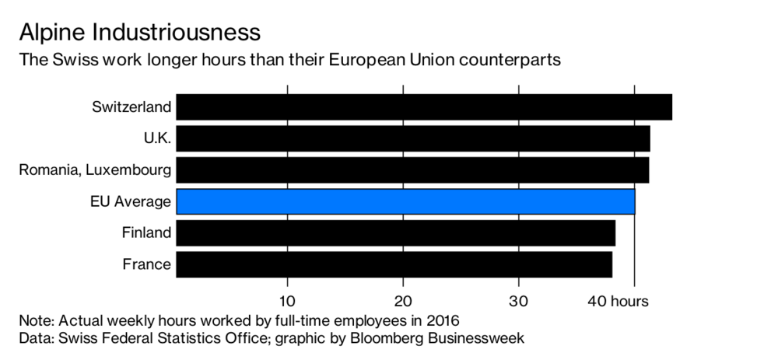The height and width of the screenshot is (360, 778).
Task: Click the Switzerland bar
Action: point(424,107)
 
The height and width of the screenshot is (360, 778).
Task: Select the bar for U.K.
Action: point(413,138)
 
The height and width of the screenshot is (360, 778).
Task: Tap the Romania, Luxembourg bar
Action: point(412,170)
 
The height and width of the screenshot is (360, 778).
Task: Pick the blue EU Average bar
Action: point(405,201)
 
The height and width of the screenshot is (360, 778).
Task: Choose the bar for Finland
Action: point(395,233)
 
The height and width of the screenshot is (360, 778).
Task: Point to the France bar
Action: point(394,264)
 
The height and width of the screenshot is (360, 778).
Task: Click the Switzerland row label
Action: point(131,107)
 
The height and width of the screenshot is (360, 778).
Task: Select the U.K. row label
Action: point(157,138)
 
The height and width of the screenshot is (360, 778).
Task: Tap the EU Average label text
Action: point(131,202)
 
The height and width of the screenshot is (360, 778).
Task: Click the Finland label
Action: point(146,232)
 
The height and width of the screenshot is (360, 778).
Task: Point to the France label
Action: point(147,264)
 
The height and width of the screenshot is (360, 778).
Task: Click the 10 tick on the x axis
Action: point(287,301)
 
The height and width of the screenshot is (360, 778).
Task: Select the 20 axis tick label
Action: point(403,301)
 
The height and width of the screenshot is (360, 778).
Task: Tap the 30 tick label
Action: point(518,301)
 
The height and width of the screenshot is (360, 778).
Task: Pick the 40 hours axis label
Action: point(619,301)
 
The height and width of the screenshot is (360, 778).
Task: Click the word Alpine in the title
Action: point(52,33)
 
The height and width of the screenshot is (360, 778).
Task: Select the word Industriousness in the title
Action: point(176,32)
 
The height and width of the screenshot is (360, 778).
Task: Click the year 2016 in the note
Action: point(443,320)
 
